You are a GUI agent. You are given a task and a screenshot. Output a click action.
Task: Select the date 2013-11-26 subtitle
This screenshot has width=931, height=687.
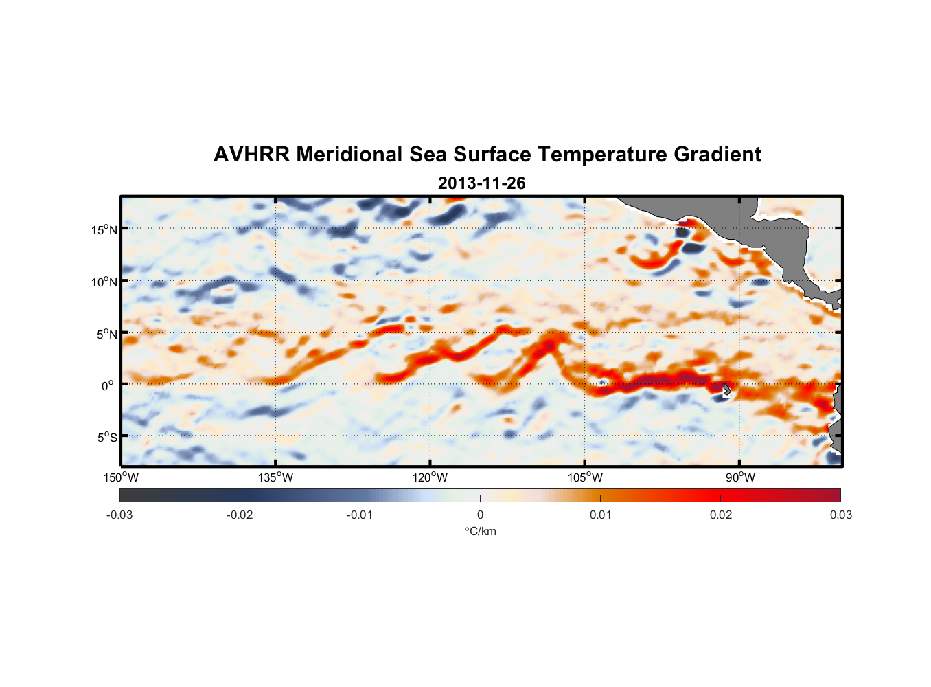(x=481, y=183)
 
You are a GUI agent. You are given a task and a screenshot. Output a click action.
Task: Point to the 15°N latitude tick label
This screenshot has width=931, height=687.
(x=104, y=229)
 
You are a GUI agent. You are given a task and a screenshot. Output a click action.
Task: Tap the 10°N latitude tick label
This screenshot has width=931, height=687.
(x=104, y=282)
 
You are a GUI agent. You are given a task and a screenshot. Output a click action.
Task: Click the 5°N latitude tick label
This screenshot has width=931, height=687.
(x=106, y=334)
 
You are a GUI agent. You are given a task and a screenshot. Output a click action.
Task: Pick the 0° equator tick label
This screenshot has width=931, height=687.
(x=108, y=385)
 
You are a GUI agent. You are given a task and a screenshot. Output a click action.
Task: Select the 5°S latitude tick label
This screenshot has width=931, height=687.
(x=106, y=437)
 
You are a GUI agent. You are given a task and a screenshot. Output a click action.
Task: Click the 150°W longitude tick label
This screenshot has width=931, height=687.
(x=121, y=477)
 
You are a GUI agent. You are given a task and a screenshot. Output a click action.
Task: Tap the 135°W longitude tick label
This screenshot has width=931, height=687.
(x=275, y=477)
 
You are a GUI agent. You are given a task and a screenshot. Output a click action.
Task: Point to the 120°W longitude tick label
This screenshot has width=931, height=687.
(x=430, y=477)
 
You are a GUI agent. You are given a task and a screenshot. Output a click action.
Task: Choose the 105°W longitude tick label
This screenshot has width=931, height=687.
(x=585, y=477)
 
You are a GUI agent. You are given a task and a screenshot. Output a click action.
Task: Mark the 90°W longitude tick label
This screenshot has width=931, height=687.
(x=739, y=477)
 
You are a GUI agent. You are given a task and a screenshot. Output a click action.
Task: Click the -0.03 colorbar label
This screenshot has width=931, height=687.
(x=119, y=515)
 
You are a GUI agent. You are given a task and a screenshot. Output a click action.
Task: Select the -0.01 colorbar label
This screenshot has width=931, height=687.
(x=360, y=515)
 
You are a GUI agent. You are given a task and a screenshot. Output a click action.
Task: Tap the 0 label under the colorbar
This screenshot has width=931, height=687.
(x=480, y=515)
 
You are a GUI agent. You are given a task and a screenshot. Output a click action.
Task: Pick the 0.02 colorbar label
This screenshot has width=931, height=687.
(x=721, y=515)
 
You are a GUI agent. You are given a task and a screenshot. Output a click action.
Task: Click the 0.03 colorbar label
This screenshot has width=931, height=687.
(x=840, y=515)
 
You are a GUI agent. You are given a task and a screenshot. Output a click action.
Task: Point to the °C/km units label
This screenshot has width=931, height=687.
(x=481, y=531)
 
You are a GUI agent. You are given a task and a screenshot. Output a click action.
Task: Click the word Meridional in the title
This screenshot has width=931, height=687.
(x=349, y=155)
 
